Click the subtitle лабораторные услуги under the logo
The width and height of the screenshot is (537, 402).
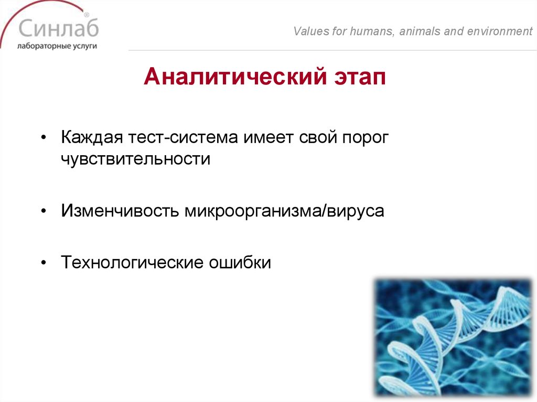pos(57,46)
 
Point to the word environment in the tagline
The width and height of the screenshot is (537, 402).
pos(496,31)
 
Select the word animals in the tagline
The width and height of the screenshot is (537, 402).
pos(420,31)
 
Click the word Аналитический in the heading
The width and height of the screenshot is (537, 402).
pos(235,78)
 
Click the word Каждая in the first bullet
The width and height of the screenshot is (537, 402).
pos(92,138)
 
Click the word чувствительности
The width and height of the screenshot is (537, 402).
pos(135,159)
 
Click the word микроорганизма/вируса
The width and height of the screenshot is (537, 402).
pos(284,211)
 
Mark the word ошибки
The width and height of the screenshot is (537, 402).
pos(240,262)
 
